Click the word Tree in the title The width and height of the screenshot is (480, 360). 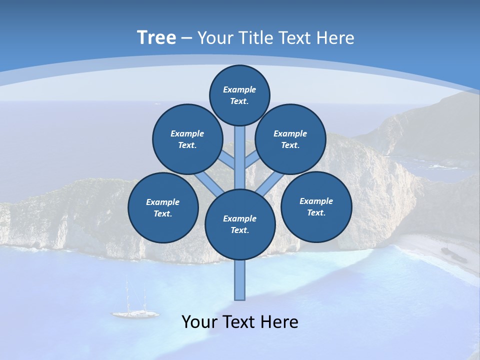point(156,37)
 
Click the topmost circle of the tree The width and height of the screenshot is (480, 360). point(239,95)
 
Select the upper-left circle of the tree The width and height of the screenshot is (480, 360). point(187,139)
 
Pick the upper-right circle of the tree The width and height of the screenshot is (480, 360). point(290,139)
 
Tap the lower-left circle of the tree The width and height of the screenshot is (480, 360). point(163,208)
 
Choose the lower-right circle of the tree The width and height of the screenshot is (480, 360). point(316,206)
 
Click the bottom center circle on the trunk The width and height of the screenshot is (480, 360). point(240,224)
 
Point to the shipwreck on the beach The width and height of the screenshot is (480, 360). point(453,255)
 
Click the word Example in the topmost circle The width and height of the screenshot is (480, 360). point(239,89)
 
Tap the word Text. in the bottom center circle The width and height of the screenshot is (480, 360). point(239,230)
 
